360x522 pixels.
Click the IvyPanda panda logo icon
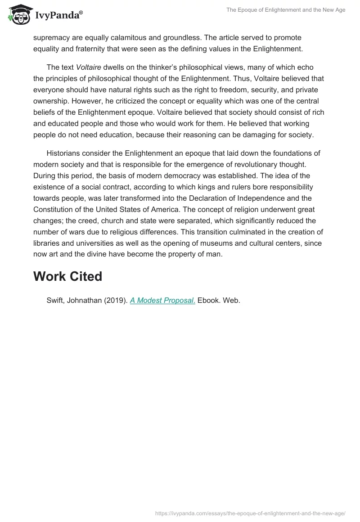(18, 16)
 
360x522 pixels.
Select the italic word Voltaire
(89, 67)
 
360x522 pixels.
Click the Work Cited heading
(67, 276)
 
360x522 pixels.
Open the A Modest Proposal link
(162, 301)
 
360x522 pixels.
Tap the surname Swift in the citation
(55, 301)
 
